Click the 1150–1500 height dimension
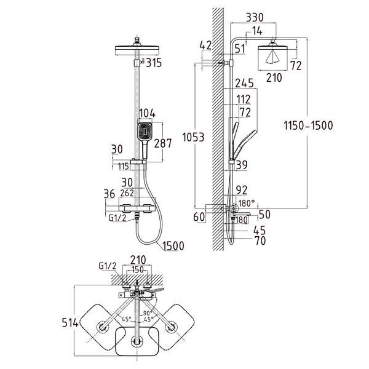click(x=308, y=125)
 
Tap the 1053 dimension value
click(x=194, y=137)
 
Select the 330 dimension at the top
click(x=255, y=17)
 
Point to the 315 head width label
click(x=154, y=63)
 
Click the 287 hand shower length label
click(x=163, y=143)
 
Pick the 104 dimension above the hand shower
click(x=148, y=113)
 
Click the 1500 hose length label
click(x=173, y=246)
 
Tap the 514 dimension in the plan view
click(x=70, y=322)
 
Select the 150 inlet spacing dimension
click(x=137, y=270)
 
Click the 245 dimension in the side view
click(x=245, y=83)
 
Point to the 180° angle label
click(x=247, y=203)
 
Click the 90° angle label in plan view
click(x=148, y=313)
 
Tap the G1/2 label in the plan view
click(x=108, y=266)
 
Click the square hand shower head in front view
click(x=145, y=132)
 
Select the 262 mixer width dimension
click(x=127, y=193)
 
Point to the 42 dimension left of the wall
click(x=205, y=46)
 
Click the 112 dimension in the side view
click(x=244, y=100)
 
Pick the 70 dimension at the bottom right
click(x=260, y=240)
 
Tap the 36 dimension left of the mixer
click(x=109, y=194)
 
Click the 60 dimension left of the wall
click(x=199, y=217)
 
